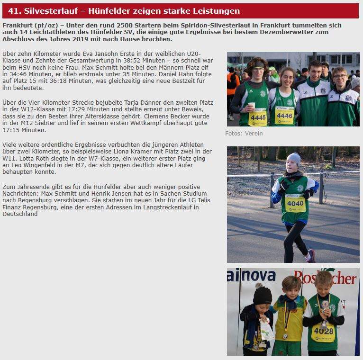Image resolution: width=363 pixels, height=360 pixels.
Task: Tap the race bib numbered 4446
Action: tap(284, 115)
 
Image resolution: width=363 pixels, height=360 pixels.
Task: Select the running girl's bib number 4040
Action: tap(295, 203)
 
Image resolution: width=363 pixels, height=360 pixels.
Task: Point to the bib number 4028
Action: tap(323, 331)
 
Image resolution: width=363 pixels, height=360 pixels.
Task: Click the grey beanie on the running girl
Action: tap(294, 158)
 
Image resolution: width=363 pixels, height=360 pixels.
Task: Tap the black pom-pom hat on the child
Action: tap(262, 294)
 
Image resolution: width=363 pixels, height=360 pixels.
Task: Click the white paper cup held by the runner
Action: tap(251, 105)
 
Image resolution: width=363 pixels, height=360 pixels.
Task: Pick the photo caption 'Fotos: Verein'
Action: tap(244, 133)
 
